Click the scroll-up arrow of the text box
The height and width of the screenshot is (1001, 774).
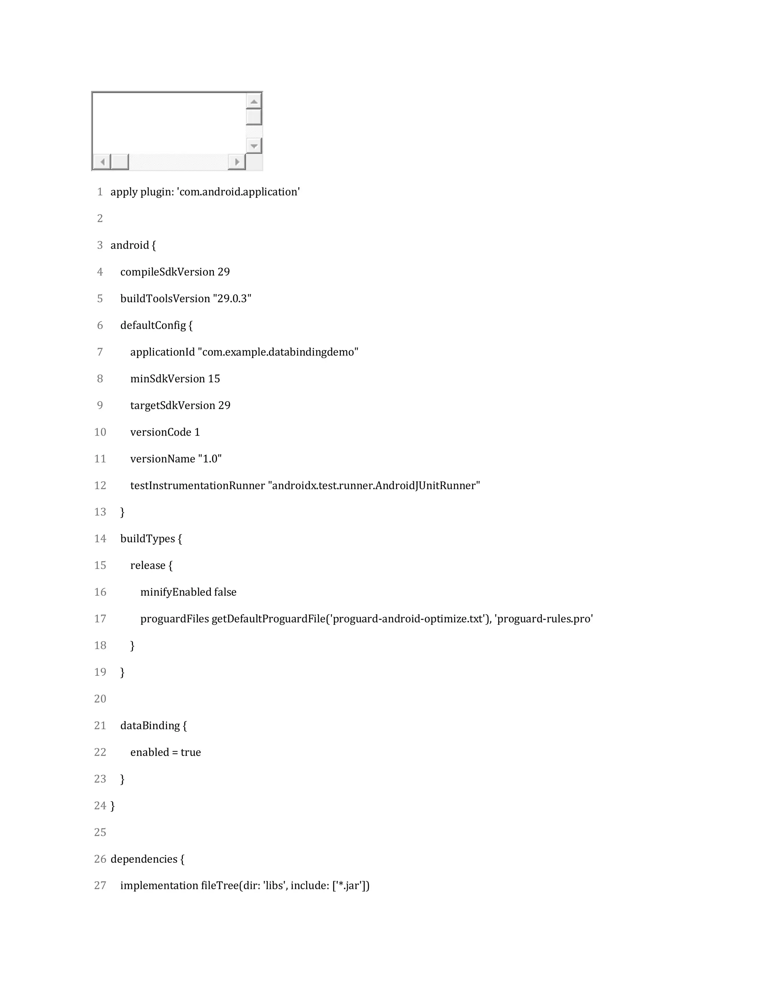point(254,101)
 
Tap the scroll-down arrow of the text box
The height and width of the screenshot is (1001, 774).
point(254,146)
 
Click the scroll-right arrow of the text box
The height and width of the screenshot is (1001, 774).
point(237,162)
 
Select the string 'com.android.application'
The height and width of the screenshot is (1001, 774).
point(238,192)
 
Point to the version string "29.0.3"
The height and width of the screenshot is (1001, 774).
point(232,298)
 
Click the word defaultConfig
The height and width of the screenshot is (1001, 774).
point(153,325)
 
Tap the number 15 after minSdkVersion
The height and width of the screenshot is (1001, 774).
point(214,378)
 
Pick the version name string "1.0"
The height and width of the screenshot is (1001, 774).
point(210,459)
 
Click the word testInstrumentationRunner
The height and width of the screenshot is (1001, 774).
point(198,485)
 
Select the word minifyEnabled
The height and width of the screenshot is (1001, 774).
point(176,592)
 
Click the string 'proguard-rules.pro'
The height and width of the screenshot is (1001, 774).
point(544,619)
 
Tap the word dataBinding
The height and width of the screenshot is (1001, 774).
point(150,726)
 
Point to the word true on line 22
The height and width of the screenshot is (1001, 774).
point(191,752)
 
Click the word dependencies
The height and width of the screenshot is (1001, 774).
point(144,859)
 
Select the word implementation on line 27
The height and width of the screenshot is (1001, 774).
point(159,885)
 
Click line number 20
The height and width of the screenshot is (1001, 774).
point(100,699)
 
